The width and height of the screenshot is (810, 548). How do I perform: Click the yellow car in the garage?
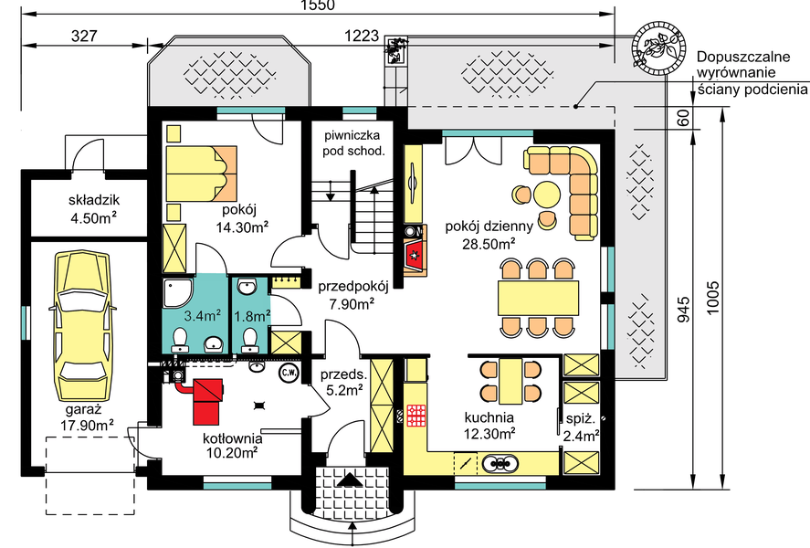tap(83, 327)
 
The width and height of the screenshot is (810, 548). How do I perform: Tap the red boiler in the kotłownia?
tap(207, 401)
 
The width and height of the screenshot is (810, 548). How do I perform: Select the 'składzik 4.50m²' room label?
tap(94, 209)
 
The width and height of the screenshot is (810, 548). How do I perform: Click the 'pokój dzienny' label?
tap(489, 226)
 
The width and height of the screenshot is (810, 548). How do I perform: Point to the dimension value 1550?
tap(318, 5)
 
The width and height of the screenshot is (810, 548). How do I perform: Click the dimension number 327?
tap(84, 36)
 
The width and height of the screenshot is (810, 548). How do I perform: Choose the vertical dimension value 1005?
tap(712, 298)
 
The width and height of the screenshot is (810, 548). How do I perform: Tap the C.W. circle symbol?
tap(289, 373)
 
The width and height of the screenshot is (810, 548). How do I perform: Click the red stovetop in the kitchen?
tap(417, 416)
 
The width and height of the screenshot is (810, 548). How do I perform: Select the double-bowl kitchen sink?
tap(500, 463)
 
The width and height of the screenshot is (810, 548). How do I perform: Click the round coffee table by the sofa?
tap(546, 195)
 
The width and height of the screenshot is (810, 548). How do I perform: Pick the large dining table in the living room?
tap(538, 298)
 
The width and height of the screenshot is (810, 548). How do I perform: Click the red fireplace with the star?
tap(415, 255)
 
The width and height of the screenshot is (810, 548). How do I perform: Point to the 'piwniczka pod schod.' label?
tap(353, 143)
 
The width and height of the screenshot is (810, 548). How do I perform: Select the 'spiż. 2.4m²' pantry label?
tap(581, 427)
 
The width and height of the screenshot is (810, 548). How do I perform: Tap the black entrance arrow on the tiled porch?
tap(352, 479)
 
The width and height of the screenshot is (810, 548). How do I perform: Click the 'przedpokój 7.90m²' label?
tap(352, 295)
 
